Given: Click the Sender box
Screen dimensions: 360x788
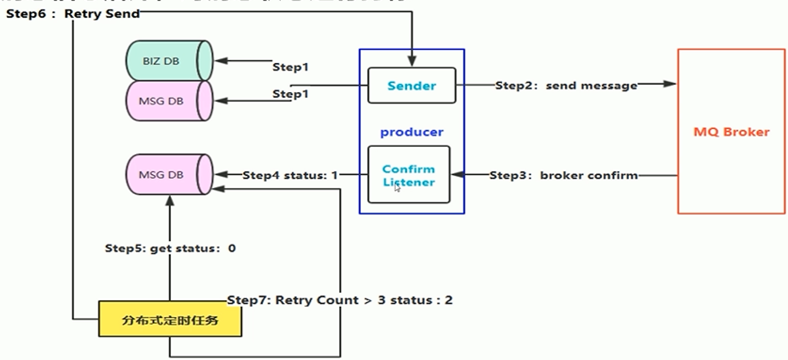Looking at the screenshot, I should click(412, 86).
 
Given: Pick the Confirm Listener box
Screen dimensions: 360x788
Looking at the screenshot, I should click(408, 175).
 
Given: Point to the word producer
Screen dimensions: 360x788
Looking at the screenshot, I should click(412, 132).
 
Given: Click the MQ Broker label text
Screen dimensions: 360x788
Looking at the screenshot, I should click(732, 132).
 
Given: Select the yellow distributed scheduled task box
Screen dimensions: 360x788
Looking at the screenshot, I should click(170, 320).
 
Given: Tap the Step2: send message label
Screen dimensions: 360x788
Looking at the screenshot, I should click(566, 86).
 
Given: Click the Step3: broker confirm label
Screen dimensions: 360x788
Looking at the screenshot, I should click(564, 176).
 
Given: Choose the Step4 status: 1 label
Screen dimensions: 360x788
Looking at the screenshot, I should click(290, 176).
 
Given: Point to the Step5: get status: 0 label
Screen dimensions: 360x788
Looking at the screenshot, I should click(170, 248).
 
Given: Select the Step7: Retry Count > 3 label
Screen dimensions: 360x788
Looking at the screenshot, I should click(340, 300).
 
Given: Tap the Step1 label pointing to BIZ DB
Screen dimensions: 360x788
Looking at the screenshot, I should click(290, 67).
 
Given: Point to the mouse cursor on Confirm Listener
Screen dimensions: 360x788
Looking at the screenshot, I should click(397, 188).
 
